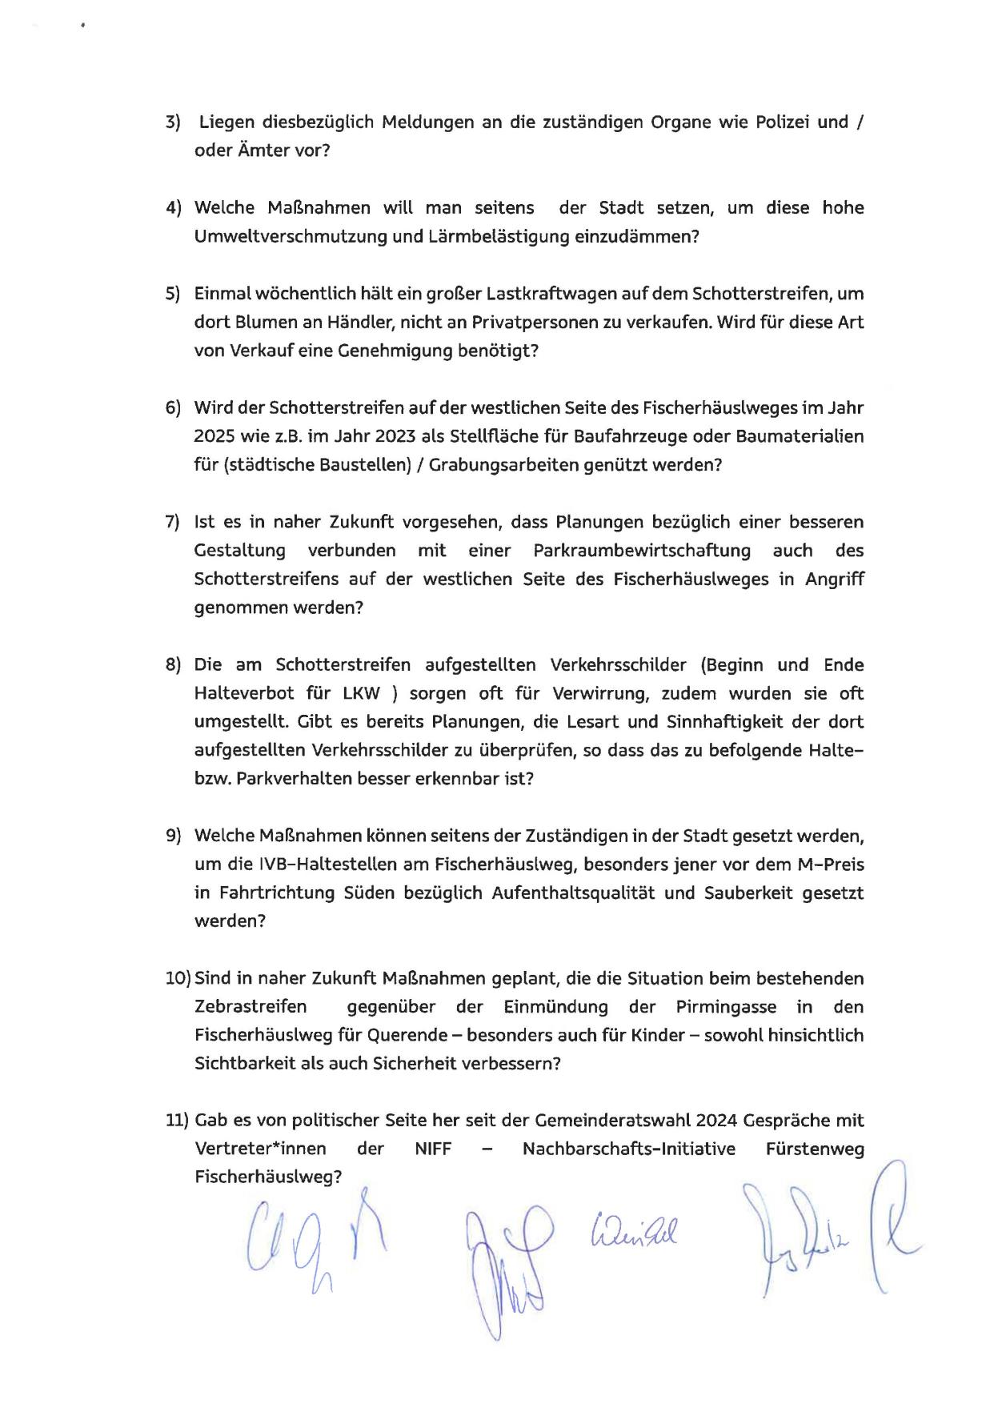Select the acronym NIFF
[433, 1149]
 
